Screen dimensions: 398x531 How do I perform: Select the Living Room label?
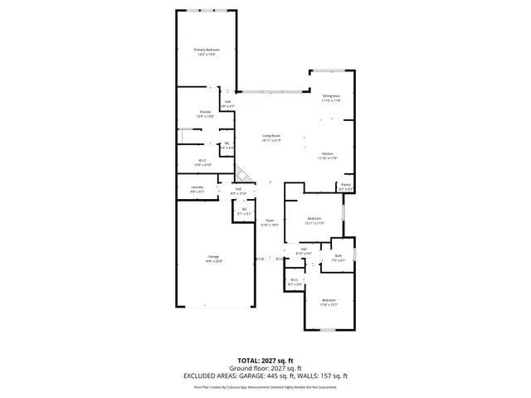(271, 138)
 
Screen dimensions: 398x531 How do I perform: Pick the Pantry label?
(346, 187)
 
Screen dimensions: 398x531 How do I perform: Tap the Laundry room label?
(197, 189)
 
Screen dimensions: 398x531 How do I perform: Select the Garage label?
(213, 259)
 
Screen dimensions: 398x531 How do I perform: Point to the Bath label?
(338, 257)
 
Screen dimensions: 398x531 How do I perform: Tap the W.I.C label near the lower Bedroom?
(294, 282)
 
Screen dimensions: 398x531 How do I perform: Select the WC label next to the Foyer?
(244, 211)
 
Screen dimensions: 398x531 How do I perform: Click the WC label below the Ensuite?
(226, 145)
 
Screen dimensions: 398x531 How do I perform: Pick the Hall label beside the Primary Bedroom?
(227, 104)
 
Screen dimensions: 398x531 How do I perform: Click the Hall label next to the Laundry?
(237, 191)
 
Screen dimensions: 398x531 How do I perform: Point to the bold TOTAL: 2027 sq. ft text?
(265, 361)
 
